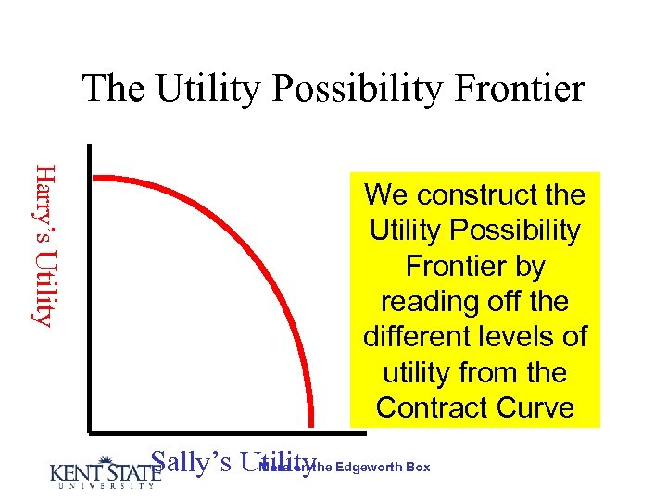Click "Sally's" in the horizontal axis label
pyautogui.click(x=190, y=462)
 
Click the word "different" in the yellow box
pyautogui.click(x=423, y=336)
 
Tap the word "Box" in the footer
pyautogui.click(x=418, y=467)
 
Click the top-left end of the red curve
pyautogui.click(x=97, y=177)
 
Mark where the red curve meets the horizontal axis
pyautogui.click(x=311, y=428)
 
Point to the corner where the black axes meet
pyautogui.click(x=91, y=431)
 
